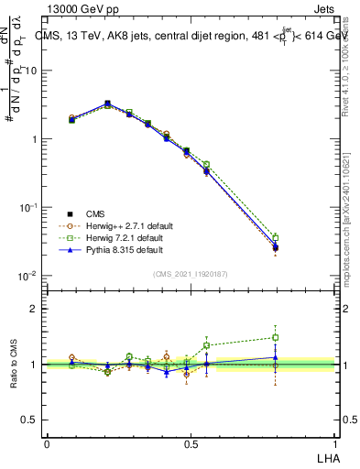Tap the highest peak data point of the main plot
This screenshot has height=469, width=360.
tap(108, 104)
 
